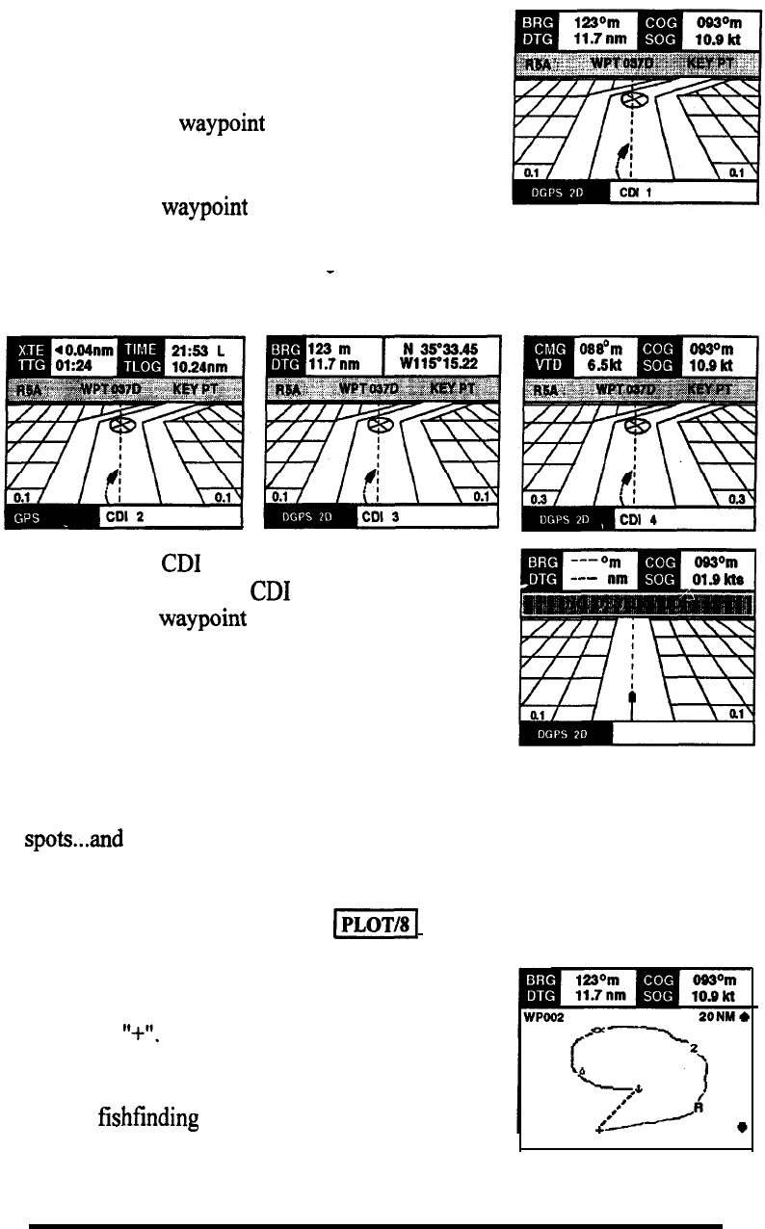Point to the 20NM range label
click(x=713, y=1017)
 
